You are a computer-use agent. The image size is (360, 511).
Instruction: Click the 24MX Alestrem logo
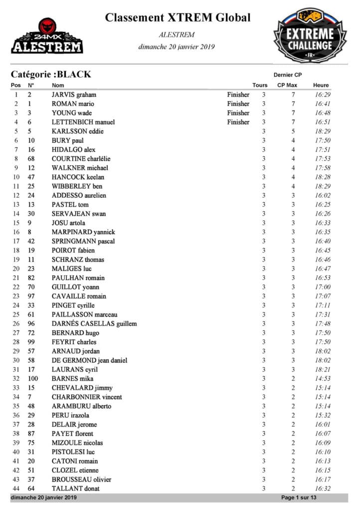click(x=47, y=36)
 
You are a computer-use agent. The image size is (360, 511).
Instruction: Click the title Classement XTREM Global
click(x=178, y=18)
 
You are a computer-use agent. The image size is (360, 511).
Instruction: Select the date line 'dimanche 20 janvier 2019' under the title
click(x=177, y=47)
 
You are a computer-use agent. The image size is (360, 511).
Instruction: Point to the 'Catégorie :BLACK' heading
click(x=51, y=74)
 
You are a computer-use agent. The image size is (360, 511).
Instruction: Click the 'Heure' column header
click(x=321, y=85)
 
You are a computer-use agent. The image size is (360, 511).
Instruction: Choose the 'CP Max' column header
click(x=287, y=85)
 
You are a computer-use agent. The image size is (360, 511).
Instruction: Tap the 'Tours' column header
click(x=260, y=85)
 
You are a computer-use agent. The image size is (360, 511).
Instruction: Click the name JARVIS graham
click(x=74, y=94)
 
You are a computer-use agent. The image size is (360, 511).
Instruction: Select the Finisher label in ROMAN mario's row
click(x=238, y=104)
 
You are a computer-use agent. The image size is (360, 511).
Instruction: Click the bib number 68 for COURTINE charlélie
click(x=31, y=159)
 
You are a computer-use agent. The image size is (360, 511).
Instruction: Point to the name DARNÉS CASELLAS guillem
click(x=94, y=323)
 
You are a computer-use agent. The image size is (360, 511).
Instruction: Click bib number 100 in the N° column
click(x=32, y=378)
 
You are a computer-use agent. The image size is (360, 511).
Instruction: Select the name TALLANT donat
click(x=75, y=489)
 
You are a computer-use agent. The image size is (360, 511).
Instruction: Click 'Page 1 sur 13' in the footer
click(x=299, y=498)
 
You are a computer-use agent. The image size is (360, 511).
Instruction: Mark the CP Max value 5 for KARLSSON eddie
click(x=293, y=131)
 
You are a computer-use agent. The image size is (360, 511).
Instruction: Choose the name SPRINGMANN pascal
click(x=83, y=241)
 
